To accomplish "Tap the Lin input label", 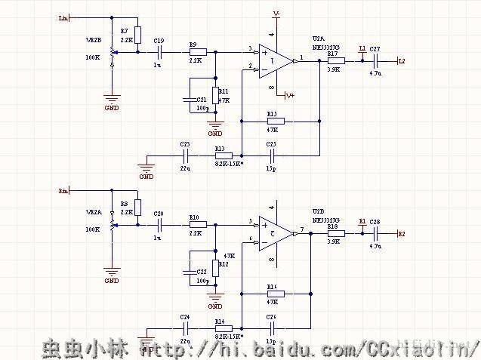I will pyautogui.click(x=63, y=17).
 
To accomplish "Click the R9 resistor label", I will pyautogui.click(x=193, y=45).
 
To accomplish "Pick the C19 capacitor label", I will pyautogui.click(x=158, y=40).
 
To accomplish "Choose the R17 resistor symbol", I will pyautogui.click(x=335, y=60).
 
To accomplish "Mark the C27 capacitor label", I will pyautogui.click(x=375, y=48).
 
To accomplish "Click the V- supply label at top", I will pyautogui.click(x=277, y=14).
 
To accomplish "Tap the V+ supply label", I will pyautogui.click(x=290, y=96).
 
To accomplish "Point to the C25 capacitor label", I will pyautogui.click(x=271, y=143).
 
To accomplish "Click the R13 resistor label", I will pyautogui.click(x=220, y=149).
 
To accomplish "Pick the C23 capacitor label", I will pyautogui.click(x=185, y=143).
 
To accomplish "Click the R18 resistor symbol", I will pyautogui.click(x=335, y=234).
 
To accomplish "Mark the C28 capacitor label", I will pyautogui.click(x=375, y=222).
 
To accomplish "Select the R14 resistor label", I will pyautogui.click(x=219, y=322).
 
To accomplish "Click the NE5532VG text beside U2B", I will pyautogui.click(x=326, y=219).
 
